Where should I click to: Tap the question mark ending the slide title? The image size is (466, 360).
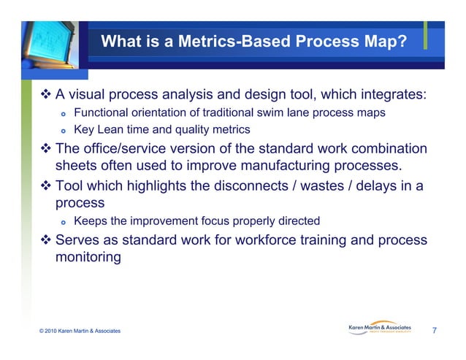tap(402, 42)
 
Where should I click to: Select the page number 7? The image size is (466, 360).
tap(435, 331)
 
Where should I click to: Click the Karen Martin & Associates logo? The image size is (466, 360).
tap(381, 329)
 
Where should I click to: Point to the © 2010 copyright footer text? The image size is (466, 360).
tap(80, 332)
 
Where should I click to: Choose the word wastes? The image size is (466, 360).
tap(316, 185)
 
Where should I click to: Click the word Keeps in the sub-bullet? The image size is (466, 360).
tap(90, 221)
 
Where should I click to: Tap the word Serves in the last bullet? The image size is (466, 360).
tap(78, 240)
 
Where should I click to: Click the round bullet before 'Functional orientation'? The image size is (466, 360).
tap(63, 113)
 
